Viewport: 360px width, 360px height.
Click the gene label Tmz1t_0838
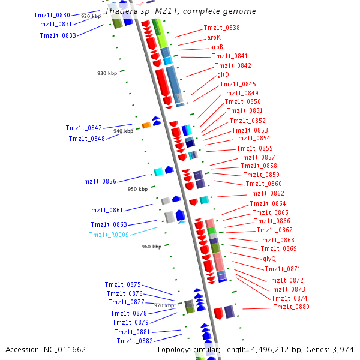click(x=221, y=28)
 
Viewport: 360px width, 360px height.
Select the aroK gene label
click(x=214, y=37)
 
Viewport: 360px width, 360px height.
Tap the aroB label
click(x=216, y=47)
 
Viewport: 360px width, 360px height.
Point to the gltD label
click(x=223, y=75)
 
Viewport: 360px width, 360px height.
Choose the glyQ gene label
click(x=269, y=259)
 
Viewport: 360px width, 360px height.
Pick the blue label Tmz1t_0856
click(x=98, y=181)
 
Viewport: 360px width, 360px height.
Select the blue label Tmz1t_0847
click(x=84, y=128)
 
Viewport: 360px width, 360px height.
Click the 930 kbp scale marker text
click(x=107, y=73)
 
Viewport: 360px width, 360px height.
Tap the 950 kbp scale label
click(x=137, y=189)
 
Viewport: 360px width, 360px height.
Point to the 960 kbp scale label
click(x=151, y=247)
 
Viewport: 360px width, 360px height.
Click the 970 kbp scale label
click(x=164, y=305)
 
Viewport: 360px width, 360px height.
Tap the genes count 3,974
click(x=343, y=349)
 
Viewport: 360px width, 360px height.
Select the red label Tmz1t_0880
click(x=291, y=307)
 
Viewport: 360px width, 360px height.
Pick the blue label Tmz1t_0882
click(x=134, y=341)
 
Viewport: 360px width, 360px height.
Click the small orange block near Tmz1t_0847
click(x=146, y=125)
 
